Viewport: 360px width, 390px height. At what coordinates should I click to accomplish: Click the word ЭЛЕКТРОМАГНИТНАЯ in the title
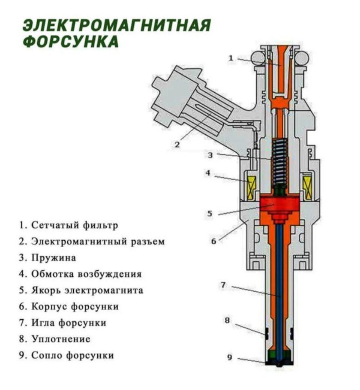(x=116, y=25)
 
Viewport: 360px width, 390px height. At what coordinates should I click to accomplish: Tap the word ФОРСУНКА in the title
(x=70, y=42)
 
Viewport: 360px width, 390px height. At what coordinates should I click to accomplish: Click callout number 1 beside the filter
(x=231, y=58)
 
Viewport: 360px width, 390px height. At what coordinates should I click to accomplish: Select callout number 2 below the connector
(x=177, y=145)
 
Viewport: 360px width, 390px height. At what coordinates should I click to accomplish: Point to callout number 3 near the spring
(x=210, y=155)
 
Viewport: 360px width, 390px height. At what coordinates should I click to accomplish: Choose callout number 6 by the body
(x=213, y=241)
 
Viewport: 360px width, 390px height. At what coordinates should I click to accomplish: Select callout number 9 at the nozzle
(x=230, y=357)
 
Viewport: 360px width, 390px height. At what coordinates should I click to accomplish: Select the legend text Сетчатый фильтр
(x=75, y=225)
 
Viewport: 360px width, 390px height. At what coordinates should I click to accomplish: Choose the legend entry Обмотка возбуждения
(x=86, y=274)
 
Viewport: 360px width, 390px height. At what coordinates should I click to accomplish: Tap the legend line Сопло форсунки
(x=72, y=356)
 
